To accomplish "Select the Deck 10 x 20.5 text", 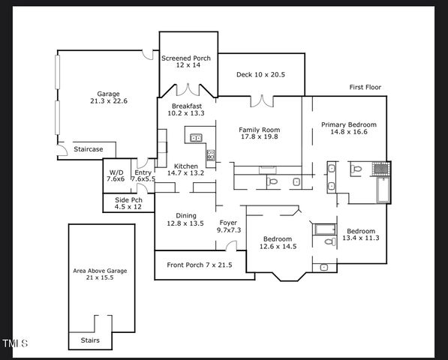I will point(260,75).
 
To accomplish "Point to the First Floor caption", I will point(365,88).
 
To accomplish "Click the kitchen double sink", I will point(196,137).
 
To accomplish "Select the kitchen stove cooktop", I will point(211,156).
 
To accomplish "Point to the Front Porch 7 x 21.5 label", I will point(199,265).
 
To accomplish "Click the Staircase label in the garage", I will point(89,149).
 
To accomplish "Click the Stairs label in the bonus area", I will point(89,340).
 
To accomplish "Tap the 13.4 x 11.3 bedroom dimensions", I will point(360,238).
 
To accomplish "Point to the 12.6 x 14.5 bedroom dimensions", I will point(278,246).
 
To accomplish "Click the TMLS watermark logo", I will point(15,344).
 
